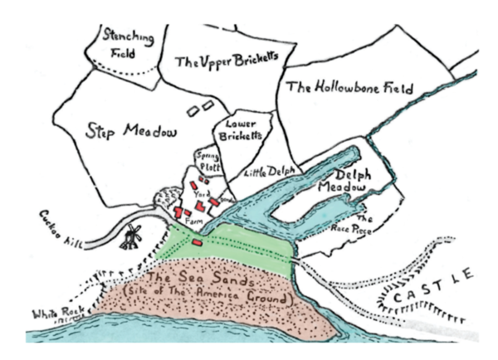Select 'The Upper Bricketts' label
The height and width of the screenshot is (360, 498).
[x=224, y=60]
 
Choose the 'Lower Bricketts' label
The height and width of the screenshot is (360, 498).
[x=239, y=129]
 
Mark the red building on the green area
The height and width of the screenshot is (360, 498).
[x=198, y=242]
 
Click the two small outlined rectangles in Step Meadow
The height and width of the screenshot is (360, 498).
[x=198, y=108]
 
